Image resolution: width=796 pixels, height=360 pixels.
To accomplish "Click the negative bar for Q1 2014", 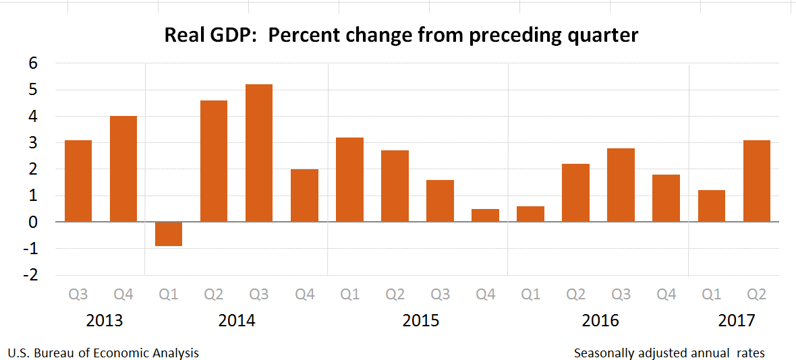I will coord(169,234).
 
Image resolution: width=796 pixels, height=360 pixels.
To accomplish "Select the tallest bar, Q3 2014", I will coord(259,153).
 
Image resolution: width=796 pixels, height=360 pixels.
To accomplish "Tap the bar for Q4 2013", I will coord(123,169).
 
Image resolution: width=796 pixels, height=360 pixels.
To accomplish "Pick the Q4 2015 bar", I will coord(485,215).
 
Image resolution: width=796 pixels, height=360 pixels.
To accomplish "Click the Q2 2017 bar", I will coord(756,181).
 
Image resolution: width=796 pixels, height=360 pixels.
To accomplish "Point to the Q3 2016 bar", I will coord(621,185).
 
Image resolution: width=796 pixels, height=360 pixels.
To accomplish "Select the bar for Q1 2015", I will coord(349,179).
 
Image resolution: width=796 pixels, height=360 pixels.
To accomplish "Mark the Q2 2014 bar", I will coord(214,160).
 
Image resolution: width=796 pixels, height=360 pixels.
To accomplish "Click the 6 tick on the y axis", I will coord(32,63).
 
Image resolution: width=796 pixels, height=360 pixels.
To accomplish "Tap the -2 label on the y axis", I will coord(30,275).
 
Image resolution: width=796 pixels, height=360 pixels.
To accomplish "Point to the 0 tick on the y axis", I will coord(32,222).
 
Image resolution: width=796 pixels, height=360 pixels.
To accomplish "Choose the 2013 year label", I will coord(105,320).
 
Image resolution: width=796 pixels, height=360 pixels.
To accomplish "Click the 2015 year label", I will coord(421,320).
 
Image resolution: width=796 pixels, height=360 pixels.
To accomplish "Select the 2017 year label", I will coord(737,320).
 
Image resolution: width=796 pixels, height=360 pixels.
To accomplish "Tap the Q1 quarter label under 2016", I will coord(530,295).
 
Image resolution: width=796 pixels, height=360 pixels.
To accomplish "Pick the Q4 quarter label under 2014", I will coord(304,295).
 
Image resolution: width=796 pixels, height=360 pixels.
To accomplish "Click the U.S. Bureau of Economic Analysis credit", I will coord(103,353).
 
